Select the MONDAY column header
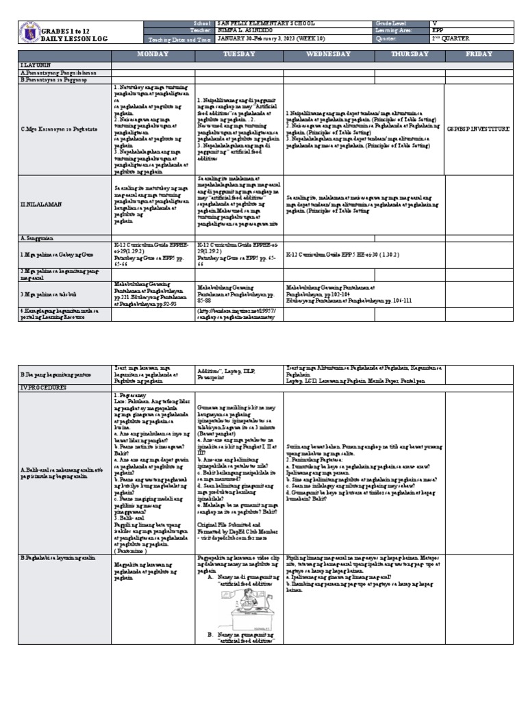[153, 53]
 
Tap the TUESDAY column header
[239, 53]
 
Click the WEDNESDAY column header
[329, 53]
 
